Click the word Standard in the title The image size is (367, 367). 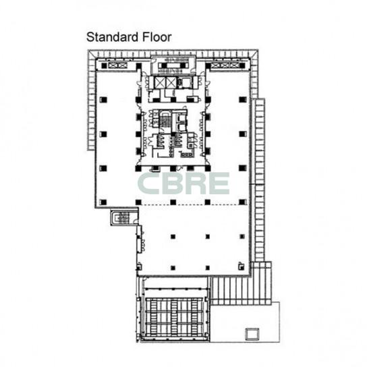point(113,37)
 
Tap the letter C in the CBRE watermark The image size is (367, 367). point(148,183)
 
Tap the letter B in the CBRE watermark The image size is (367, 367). point(172,183)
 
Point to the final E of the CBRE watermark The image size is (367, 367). point(219,183)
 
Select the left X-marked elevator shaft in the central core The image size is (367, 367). point(160,82)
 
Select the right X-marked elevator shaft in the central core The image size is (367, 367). point(171,82)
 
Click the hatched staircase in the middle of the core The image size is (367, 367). point(165,119)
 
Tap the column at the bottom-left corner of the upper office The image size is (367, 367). point(103,202)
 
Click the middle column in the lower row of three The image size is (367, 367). point(207,237)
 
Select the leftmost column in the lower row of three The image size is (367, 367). point(173,237)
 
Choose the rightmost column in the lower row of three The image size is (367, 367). point(242,237)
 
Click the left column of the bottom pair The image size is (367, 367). point(173,268)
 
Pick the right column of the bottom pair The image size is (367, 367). point(207,268)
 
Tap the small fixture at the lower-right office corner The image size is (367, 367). point(241,266)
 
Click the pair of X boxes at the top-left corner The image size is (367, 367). point(117,65)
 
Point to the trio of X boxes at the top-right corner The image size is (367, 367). point(225,65)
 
